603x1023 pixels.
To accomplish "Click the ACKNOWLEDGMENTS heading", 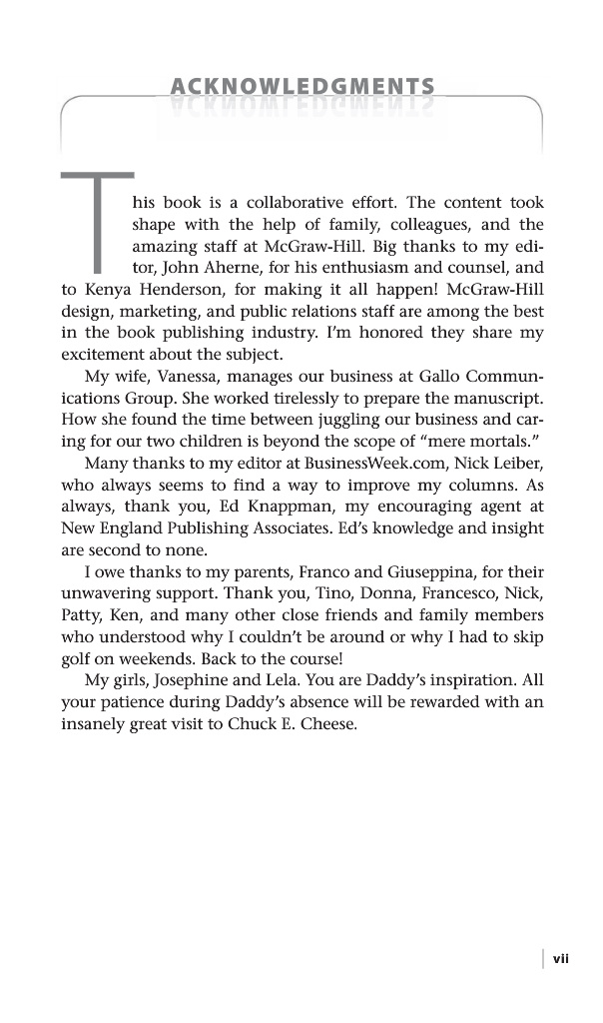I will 301,87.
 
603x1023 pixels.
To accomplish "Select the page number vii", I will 560,958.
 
